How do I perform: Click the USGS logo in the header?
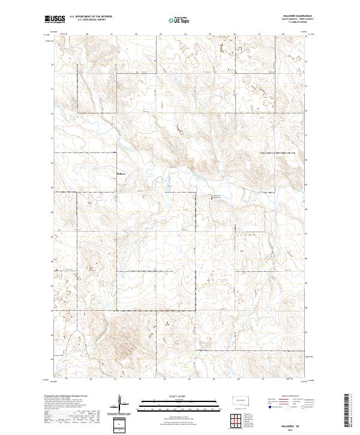(x=55, y=19)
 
